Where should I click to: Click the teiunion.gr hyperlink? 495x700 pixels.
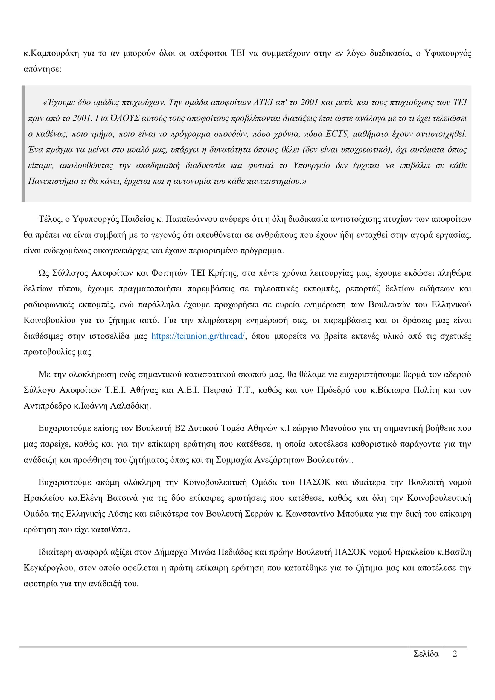click(198, 336)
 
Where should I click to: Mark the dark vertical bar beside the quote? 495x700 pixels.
click(24, 144)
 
